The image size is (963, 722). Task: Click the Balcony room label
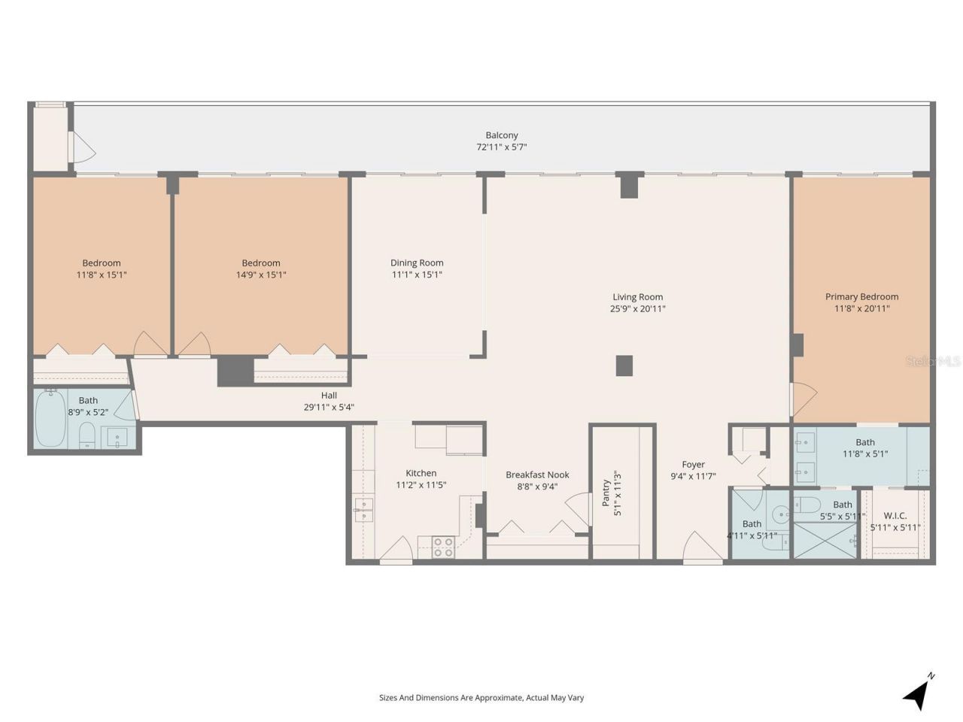[501, 135]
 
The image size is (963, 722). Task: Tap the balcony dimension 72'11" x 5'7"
[501, 147]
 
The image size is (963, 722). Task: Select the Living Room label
[637, 297]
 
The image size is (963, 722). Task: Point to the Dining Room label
[417, 262]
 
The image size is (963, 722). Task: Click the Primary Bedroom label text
[861, 296]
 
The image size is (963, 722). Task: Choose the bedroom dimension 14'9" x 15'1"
[261, 275]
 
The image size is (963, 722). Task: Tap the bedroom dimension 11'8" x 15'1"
[102, 275]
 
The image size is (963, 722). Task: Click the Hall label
[329, 396]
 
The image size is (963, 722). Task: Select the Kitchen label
[421, 473]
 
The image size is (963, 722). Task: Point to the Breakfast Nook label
[537, 475]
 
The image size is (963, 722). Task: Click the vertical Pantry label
[606, 493]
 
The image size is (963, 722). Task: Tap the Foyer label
[693, 465]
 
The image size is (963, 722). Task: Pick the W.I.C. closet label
[895, 515]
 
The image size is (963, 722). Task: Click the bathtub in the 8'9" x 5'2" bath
[50, 418]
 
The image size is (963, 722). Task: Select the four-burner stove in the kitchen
[443, 547]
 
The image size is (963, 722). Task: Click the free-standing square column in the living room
[624, 366]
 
